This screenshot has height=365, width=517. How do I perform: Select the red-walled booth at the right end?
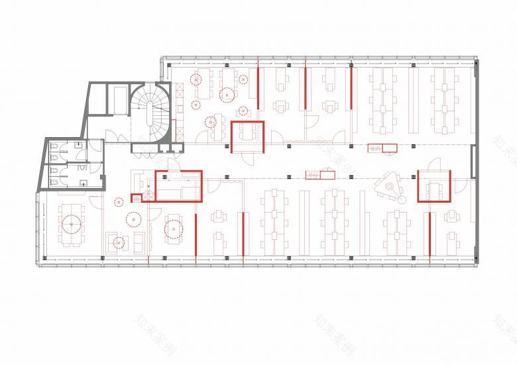pyautogui.click(x=434, y=186)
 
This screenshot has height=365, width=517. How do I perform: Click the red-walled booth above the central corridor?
pyautogui.click(x=247, y=136)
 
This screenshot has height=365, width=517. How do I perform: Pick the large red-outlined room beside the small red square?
pyautogui.click(x=178, y=185)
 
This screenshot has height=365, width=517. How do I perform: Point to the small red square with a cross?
pyautogui.click(x=137, y=197)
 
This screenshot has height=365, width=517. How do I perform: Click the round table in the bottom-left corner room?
pyautogui.click(x=70, y=225)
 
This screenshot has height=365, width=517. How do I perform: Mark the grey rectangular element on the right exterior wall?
pyautogui.click(x=473, y=163)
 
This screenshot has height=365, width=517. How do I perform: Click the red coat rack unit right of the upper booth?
pyautogui.click(x=382, y=148)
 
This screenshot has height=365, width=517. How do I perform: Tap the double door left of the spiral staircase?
pyautogui.click(x=115, y=137)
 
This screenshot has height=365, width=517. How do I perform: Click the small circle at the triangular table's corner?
pyautogui.click(x=401, y=197)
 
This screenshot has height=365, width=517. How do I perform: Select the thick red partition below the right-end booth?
pyautogui.click(x=430, y=236)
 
